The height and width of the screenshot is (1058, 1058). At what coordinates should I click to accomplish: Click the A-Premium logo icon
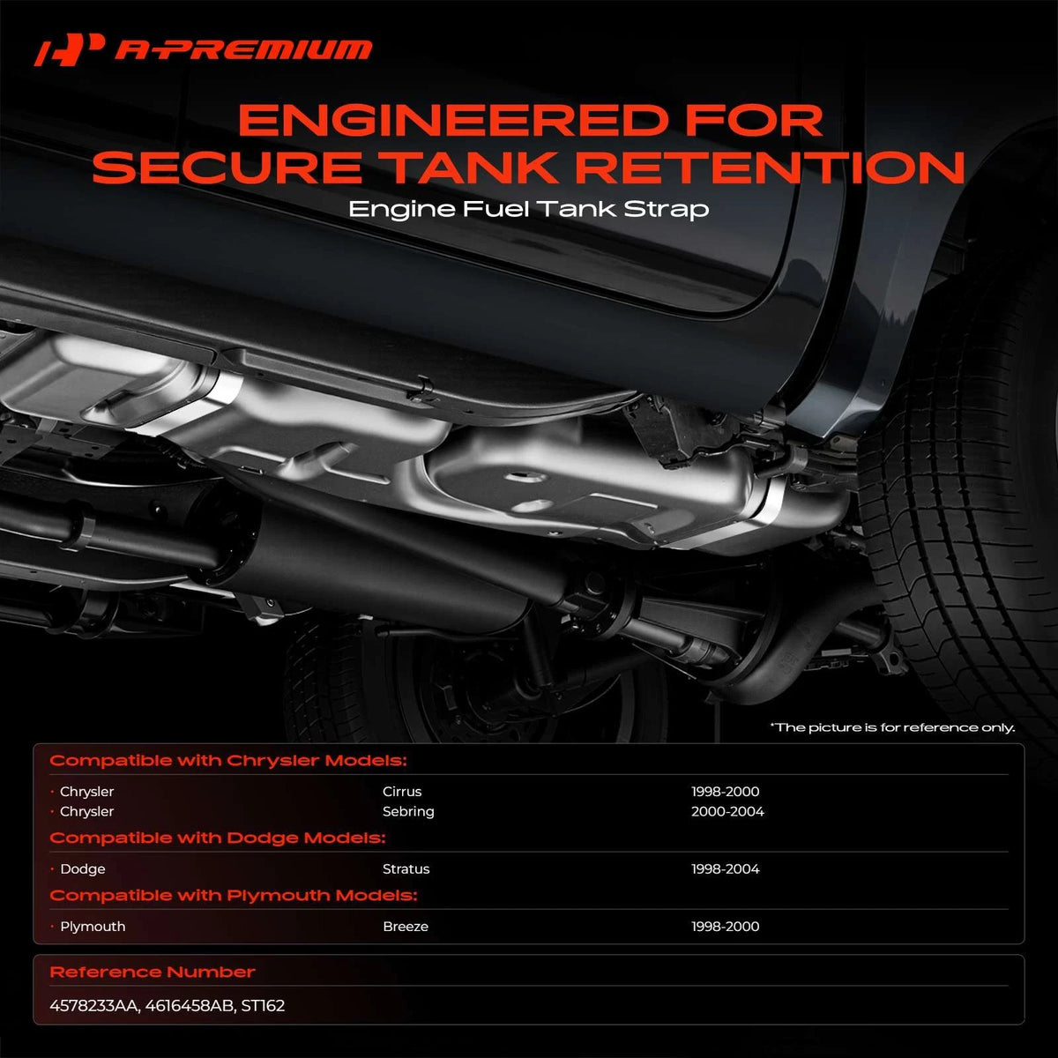coord(69,50)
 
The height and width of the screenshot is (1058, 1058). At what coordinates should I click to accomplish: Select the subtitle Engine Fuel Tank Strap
coord(529,209)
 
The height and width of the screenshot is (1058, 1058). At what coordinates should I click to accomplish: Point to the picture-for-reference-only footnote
coord(892,727)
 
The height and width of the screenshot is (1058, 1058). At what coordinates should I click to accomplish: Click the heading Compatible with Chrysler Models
coord(228,760)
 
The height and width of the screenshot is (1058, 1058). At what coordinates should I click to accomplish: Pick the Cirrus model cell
coord(402,791)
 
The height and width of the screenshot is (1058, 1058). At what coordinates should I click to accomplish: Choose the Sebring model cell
coord(408,811)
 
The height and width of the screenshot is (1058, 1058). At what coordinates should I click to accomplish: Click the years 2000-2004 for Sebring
coord(727,811)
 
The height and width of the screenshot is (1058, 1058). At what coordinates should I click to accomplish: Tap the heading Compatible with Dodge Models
coord(218,838)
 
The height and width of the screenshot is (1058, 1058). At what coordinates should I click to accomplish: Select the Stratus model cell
coord(406,868)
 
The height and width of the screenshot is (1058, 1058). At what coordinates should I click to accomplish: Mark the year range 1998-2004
coord(726,868)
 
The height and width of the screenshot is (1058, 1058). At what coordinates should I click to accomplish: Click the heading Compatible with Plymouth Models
coord(234,896)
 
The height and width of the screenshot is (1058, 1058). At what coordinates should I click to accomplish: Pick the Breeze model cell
coord(406,927)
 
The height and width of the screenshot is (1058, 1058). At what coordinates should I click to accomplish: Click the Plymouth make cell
coord(93,927)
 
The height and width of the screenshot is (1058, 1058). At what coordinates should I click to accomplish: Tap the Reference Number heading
coord(152,972)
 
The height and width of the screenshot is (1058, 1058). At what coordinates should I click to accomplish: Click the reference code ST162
coord(263,1006)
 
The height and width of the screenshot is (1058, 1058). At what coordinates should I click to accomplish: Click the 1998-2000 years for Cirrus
coord(726,791)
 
